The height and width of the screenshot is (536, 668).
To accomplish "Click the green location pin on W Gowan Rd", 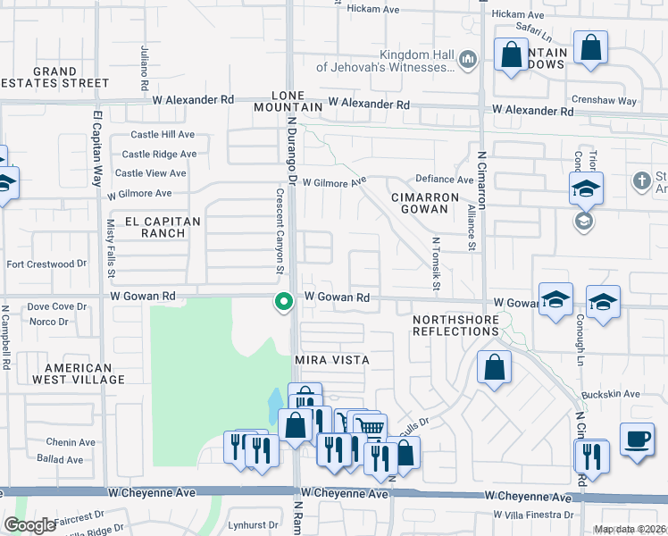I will [284, 303].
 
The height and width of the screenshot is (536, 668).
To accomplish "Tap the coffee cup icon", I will [637, 440].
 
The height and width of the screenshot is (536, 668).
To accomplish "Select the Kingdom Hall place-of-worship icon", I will [466, 60].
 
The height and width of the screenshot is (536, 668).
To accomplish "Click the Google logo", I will [29, 524].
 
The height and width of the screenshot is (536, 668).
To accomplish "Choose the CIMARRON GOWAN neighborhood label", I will [424, 203].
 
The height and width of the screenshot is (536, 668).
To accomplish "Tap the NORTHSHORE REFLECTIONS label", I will [455, 324].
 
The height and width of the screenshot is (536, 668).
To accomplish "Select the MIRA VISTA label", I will [332, 359].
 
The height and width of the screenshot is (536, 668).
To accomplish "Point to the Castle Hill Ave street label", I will [163, 135].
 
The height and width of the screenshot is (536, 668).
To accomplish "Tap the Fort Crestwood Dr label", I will [46, 264].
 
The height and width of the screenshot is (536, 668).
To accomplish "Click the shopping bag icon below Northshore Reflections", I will [494, 368].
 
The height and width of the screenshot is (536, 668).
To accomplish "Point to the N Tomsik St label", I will [437, 264].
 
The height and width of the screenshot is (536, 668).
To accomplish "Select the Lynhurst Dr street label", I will [249, 525].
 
